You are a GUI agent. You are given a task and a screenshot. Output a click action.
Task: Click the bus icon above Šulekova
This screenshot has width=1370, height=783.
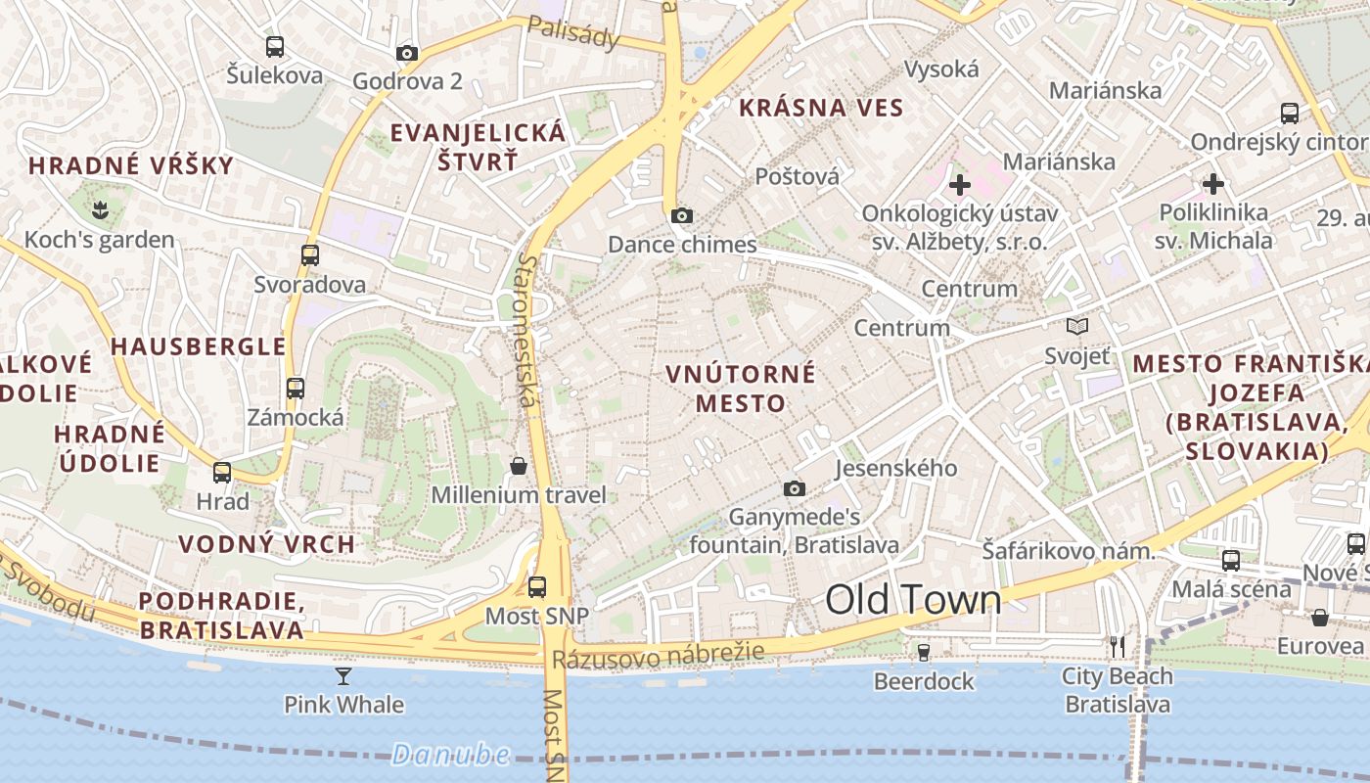point(275,46)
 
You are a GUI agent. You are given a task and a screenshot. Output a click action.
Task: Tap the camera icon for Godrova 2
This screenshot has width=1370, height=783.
point(407,53)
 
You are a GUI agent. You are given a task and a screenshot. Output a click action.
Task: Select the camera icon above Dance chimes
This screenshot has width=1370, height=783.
point(682,215)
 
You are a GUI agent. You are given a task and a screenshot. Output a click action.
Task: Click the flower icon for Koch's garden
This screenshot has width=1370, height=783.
point(99,208)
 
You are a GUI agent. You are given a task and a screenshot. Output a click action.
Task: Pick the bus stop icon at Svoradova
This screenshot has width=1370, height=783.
point(310,255)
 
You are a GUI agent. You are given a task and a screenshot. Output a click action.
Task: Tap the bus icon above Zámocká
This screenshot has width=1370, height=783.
point(296,388)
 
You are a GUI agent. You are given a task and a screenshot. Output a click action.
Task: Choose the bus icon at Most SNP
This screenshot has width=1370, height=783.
point(537,587)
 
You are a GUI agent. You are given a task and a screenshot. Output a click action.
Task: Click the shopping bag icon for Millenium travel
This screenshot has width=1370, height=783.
point(519,466)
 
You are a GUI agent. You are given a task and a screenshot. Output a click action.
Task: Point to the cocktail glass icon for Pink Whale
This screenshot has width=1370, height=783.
point(343,675)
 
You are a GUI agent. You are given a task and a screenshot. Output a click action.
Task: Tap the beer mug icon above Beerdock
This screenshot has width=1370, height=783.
point(923,652)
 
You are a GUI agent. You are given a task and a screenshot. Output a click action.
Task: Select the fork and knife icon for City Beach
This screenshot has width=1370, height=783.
point(1118,647)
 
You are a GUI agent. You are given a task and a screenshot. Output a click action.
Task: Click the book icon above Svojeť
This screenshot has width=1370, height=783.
point(1077,327)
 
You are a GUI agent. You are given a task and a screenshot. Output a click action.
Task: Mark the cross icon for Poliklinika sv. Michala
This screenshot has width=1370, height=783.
point(1213,184)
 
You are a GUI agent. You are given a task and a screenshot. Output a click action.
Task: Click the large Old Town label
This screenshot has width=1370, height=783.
point(914,600)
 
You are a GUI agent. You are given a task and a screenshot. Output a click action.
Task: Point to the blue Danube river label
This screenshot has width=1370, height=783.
point(451,754)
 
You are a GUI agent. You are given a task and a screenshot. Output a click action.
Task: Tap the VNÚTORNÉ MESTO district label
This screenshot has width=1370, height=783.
point(741,388)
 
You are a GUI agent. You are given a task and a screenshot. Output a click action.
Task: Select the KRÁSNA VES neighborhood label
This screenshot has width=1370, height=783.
point(821,108)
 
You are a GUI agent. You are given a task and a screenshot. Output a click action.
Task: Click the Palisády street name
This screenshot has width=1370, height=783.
point(573,33)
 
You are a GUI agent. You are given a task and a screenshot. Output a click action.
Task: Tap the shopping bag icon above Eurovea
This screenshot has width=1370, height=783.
point(1320,618)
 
